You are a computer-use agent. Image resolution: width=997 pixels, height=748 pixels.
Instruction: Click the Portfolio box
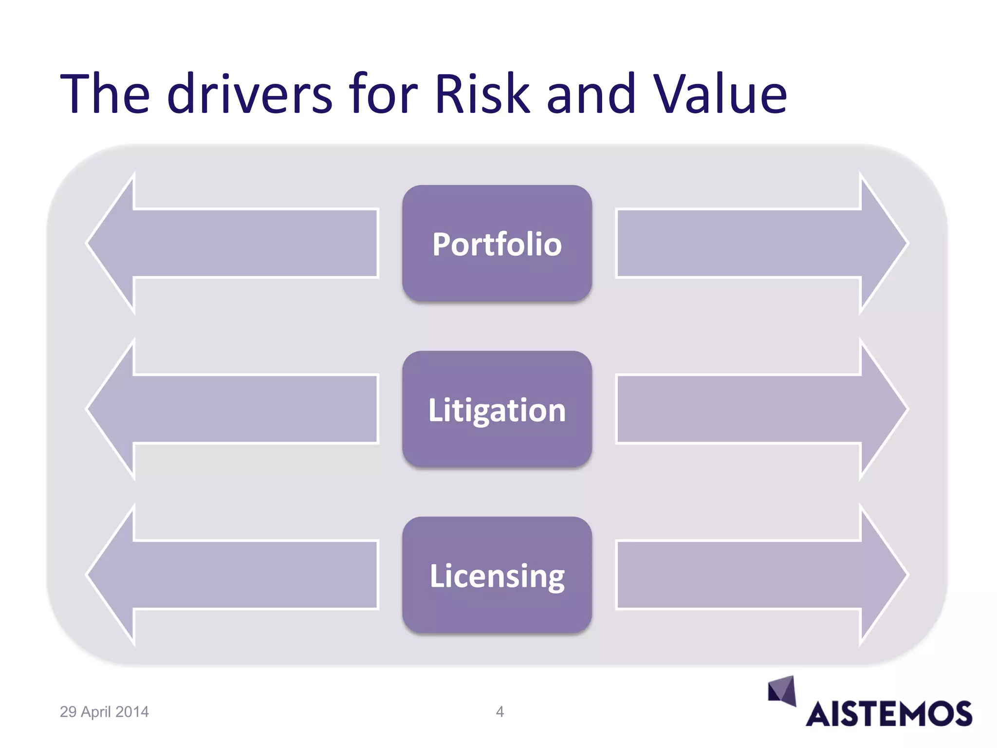point(497,243)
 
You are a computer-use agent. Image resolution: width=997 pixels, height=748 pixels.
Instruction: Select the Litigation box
point(497,409)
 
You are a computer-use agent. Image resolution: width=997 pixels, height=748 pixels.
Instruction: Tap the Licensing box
point(497,575)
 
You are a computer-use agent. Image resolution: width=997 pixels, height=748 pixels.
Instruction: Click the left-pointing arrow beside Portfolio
point(234,243)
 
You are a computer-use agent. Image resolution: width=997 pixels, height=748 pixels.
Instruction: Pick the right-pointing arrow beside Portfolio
point(759,243)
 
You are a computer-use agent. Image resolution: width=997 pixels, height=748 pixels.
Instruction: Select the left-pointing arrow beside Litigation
point(234,409)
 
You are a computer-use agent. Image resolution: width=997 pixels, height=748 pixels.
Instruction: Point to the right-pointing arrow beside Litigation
point(759,409)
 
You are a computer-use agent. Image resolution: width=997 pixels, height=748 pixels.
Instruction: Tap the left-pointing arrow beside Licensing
point(234,575)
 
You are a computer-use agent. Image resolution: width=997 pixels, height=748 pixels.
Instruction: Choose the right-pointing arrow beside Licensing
point(759,575)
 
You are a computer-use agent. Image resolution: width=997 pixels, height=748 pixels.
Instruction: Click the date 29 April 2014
point(104,712)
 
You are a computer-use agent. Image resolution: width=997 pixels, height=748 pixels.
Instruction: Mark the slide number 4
point(499,712)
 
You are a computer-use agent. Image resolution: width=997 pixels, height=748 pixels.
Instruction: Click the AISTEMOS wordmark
point(889,714)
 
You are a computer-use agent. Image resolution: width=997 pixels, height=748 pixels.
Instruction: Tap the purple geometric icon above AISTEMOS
point(782,690)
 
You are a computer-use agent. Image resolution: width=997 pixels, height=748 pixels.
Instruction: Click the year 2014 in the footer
point(131,712)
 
